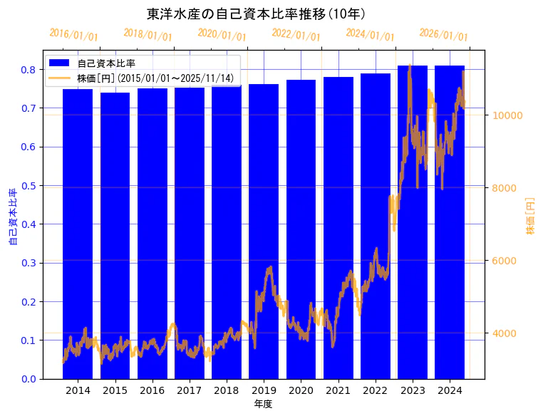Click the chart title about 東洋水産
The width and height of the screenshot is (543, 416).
(x=256, y=14)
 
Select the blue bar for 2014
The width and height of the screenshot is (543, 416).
(x=78, y=235)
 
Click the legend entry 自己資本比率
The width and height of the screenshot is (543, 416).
(x=107, y=63)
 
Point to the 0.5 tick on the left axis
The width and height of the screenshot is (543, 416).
(x=29, y=186)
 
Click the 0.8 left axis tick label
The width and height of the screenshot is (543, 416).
(x=29, y=70)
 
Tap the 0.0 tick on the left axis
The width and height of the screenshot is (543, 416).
(x=29, y=379)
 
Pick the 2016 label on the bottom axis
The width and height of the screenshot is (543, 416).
(x=152, y=391)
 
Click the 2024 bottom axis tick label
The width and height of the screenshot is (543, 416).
(x=450, y=391)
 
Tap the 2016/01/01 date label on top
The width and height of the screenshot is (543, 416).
(x=74, y=35)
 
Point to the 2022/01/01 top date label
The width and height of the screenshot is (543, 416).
(x=296, y=35)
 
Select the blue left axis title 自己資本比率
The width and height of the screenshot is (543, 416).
(x=12, y=217)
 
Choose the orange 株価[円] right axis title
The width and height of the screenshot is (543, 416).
(x=530, y=217)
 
